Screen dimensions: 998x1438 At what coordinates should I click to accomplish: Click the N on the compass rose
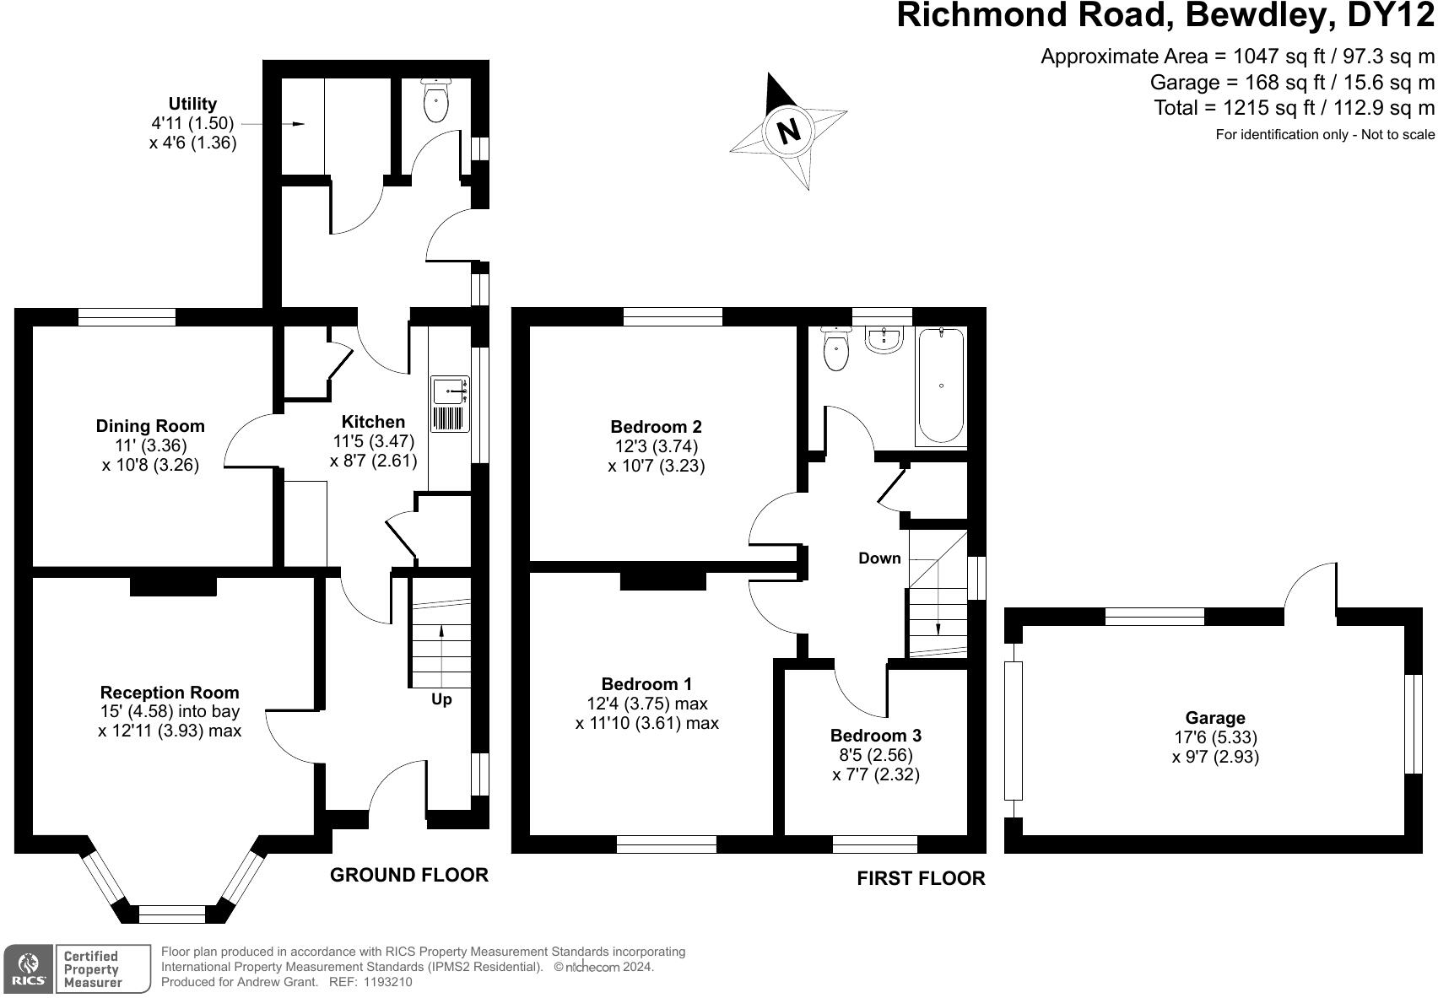788,131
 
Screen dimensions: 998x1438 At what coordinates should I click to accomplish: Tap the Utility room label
192,104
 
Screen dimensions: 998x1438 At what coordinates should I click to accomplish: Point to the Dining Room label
150,426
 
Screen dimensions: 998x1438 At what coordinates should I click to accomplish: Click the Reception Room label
170,693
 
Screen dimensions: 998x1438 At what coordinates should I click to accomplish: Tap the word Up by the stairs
441,699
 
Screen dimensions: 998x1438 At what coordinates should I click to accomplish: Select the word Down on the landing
879,558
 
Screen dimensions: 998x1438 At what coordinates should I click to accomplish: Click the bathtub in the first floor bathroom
940,386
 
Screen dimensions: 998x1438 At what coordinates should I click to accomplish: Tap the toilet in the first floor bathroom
835,349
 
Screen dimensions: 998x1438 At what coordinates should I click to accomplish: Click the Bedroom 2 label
656,427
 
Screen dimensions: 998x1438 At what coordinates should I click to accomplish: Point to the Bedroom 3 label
875,735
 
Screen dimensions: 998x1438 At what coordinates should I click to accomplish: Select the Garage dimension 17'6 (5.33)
1215,737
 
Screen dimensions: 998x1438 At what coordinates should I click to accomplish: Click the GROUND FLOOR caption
408,875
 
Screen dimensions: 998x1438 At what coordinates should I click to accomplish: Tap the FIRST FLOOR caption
921,878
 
